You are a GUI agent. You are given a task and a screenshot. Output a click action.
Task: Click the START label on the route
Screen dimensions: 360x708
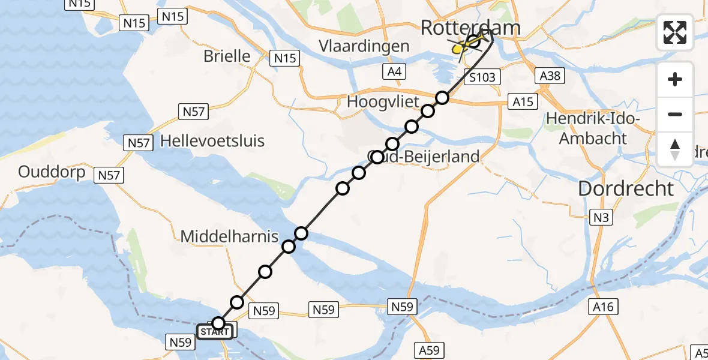[214, 331]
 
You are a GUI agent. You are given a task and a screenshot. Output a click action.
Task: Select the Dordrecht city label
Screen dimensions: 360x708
[626, 188]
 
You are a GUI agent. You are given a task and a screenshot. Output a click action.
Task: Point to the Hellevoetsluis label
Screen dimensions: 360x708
[212, 142]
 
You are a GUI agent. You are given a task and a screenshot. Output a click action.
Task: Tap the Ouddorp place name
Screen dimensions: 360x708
[52, 172]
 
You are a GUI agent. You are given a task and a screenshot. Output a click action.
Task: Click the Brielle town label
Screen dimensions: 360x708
[227, 56]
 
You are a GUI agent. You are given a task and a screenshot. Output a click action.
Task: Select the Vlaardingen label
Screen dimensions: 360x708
[373, 46]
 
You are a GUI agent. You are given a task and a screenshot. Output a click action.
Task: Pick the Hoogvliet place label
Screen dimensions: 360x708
[383, 102]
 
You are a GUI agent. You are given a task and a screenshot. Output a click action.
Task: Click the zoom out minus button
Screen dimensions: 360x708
[675, 114]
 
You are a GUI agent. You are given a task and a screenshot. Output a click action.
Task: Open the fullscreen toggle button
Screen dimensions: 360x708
[675, 32]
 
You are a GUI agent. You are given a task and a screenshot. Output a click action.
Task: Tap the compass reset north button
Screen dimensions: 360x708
[675, 149]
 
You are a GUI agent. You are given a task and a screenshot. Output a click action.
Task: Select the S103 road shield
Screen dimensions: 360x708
[482, 77]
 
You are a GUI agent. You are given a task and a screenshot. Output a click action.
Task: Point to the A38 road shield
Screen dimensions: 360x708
[550, 76]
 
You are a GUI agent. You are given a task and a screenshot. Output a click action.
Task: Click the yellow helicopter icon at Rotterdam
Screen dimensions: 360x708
[461, 47]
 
